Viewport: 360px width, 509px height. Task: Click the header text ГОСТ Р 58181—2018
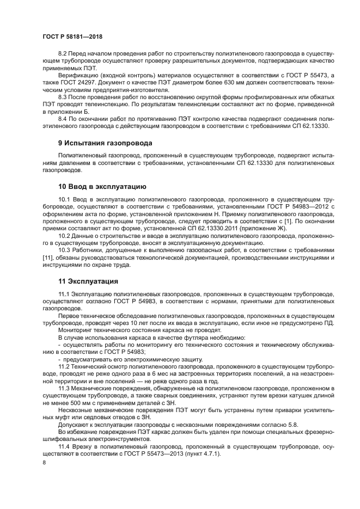coord(72,36)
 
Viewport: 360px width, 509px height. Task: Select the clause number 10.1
coord(65,200)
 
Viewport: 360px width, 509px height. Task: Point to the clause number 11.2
coord(65,367)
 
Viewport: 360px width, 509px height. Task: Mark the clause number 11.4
coord(65,446)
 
